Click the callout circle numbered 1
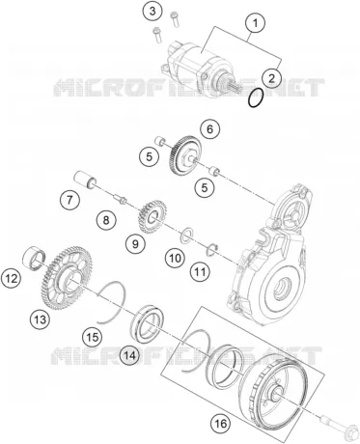tap(255, 23)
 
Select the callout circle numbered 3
tap(152, 11)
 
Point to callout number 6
tap(209, 129)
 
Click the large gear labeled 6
tap(184, 155)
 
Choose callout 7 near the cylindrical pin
tap(69, 200)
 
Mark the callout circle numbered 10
tap(176, 258)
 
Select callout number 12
tap(11, 278)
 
